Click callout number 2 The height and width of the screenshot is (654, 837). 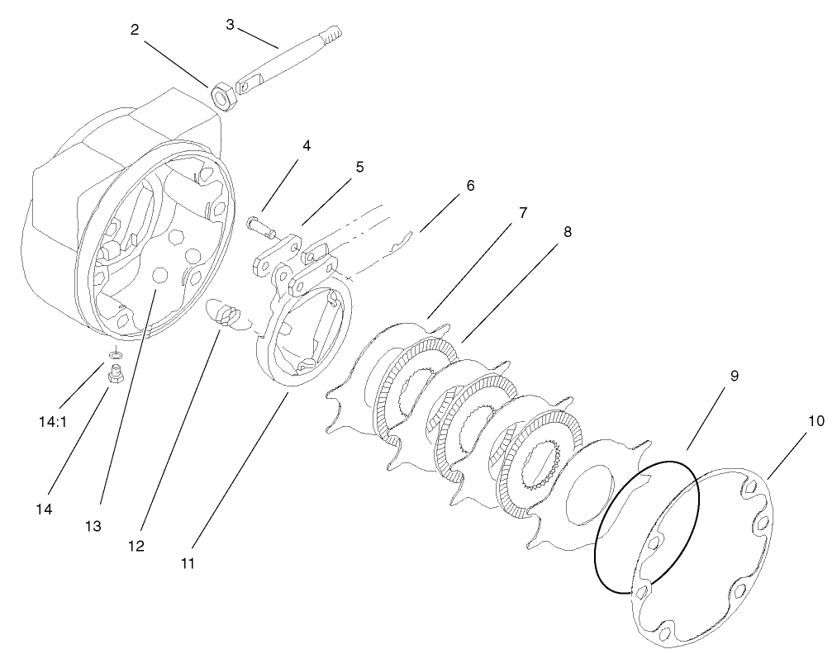[x=135, y=30]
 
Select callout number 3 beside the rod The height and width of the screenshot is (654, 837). [x=230, y=24]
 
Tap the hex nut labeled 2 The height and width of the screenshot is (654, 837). [x=224, y=97]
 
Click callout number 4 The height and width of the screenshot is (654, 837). [x=307, y=146]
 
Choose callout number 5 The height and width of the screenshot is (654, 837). [x=359, y=167]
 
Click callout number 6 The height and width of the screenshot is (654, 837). [x=470, y=185]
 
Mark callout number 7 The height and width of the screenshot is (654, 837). [x=522, y=212]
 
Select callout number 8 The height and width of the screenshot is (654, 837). [x=568, y=233]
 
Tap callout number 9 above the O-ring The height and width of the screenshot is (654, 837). [x=734, y=376]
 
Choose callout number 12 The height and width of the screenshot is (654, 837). [x=136, y=546]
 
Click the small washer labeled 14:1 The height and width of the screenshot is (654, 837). [x=116, y=354]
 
